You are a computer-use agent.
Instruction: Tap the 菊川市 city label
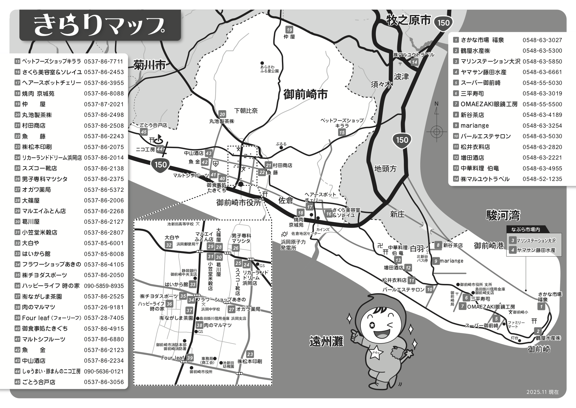[150, 65]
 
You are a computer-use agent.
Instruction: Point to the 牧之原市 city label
[408, 20]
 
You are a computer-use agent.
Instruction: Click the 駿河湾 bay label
[503, 216]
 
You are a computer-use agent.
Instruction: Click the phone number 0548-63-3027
[542, 40]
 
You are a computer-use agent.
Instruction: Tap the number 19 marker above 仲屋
[289, 30]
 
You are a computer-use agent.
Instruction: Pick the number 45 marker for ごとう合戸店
[144, 132]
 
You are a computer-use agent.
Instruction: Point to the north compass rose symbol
[436, 132]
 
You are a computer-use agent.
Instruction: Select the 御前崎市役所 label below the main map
[239, 203]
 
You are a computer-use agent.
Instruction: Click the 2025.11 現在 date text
[542, 392]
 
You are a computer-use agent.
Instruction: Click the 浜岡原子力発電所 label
[293, 244]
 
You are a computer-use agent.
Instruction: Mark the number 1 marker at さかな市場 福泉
[541, 307]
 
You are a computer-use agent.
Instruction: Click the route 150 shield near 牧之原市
[443, 23]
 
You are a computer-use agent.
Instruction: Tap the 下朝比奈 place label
[246, 111]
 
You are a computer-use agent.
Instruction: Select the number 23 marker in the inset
[250, 354]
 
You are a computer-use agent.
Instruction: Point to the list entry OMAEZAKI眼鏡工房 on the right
[489, 104]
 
